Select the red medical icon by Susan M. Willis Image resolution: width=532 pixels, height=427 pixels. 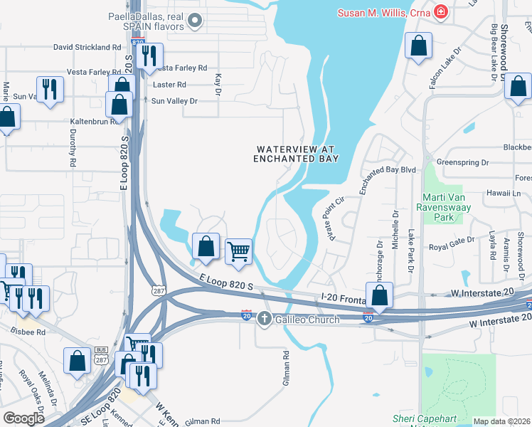click(x=441, y=11)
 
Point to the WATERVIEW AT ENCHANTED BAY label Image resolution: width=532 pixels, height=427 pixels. click(x=295, y=154)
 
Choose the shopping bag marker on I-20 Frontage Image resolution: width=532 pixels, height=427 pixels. click(x=380, y=295)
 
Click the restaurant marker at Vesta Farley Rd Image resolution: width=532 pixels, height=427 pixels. click(x=149, y=56)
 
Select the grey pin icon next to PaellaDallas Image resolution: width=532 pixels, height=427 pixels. click(x=195, y=26)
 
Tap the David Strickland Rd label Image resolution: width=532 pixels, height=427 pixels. click(x=87, y=47)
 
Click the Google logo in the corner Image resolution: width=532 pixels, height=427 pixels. click(x=24, y=418)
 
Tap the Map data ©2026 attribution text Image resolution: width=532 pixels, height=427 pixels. click(x=501, y=421)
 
